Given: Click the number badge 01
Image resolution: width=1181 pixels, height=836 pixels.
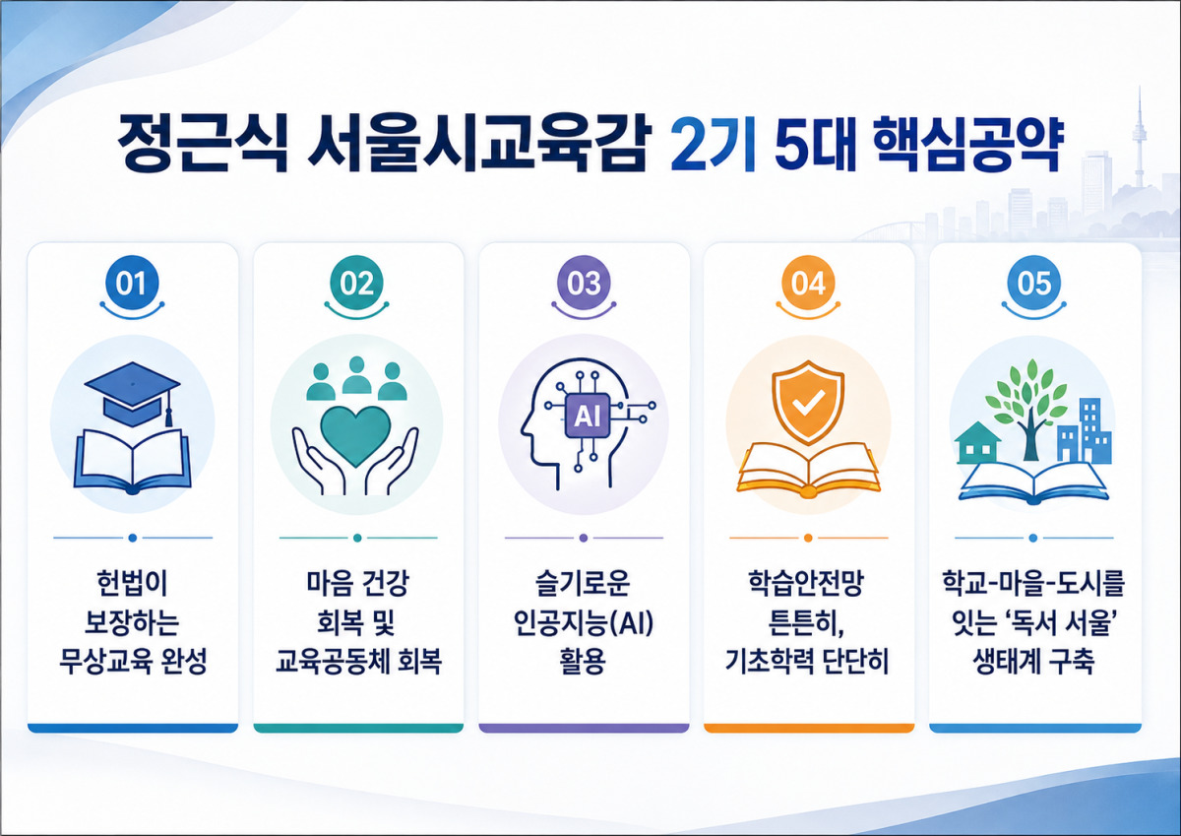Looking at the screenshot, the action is tap(132, 283).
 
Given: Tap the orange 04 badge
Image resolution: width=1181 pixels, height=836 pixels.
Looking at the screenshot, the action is tap(808, 283).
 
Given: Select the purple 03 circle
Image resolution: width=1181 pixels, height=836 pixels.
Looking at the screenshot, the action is tap(584, 283).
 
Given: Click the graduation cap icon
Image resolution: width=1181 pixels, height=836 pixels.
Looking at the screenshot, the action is tap(132, 393).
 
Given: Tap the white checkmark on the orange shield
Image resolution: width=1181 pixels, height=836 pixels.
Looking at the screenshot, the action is tap(808, 405).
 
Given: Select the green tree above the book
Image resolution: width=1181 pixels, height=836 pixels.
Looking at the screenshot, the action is tap(1028, 406).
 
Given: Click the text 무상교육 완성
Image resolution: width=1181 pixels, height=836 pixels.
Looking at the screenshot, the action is tap(132, 662).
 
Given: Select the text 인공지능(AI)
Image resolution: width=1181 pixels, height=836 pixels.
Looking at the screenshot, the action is tap(584, 623).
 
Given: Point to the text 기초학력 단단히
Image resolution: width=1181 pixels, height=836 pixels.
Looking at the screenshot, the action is tap(807, 662).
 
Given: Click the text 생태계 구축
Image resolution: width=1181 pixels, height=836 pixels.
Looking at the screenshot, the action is tap(1033, 662).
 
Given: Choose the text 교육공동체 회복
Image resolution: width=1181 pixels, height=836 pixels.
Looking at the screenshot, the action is tap(358, 662).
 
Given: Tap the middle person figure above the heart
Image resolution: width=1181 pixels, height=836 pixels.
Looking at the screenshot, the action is tap(357, 375).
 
